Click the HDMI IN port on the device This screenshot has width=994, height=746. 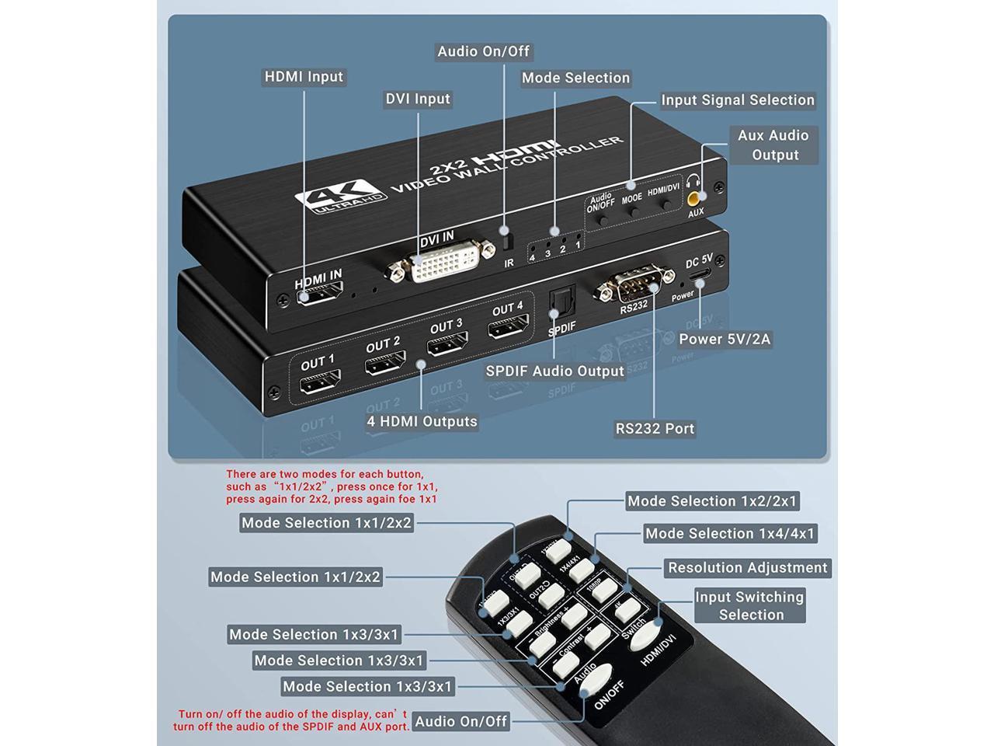coord(319,294)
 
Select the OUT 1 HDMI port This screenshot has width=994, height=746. coord(320,382)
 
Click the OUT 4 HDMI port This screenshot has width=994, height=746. coord(509,327)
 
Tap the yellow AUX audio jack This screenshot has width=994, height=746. coord(696,197)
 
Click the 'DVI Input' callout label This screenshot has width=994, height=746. coord(418,99)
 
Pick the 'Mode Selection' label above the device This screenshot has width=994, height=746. coord(575,78)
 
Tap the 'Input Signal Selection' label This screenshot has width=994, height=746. coord(737,100)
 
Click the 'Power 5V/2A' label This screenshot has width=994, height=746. coord(724,339)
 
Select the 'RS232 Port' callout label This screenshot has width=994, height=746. coord(655,428)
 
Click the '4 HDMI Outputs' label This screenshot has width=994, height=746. coord(422,421)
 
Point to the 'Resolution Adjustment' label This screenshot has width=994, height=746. coord(747,568)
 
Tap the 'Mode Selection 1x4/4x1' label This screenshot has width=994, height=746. coord(730,534)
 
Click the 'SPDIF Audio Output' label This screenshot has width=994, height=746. coord(554,371)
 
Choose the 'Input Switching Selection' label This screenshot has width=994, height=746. coord(749,605)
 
